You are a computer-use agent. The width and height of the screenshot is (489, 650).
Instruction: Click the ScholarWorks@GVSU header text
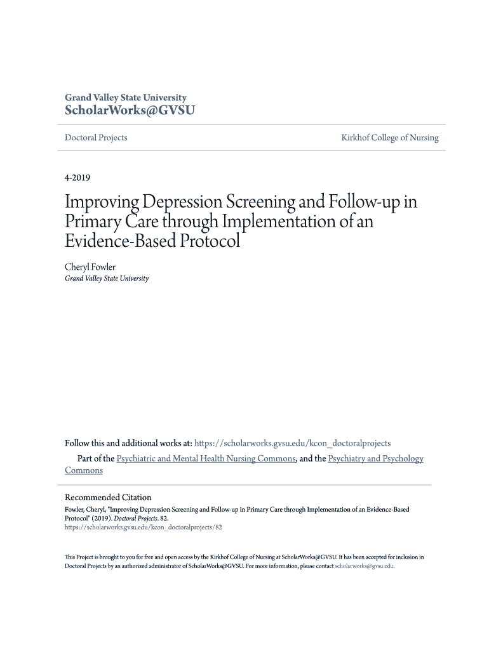[x=130, y=110]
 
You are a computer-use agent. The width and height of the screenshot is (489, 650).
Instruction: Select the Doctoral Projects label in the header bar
[x=96, y=138]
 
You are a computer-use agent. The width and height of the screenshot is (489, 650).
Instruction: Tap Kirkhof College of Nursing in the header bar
[x=389, y=138]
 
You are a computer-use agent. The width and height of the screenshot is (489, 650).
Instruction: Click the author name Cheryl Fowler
[x=90, y=267]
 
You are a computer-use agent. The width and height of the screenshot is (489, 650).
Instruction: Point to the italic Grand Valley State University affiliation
[x=107, y=279]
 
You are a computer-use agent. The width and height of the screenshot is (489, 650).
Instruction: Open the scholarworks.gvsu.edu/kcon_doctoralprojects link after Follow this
[x=292, y=443]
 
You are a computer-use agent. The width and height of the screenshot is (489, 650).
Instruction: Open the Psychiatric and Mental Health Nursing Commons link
[x=206, y=458]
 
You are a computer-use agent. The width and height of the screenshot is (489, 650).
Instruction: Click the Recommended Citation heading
[x=108, y=498]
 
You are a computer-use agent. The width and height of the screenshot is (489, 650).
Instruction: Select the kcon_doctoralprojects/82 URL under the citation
[x=144, y=527]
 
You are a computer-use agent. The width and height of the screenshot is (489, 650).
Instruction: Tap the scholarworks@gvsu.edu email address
[x=364, y=566]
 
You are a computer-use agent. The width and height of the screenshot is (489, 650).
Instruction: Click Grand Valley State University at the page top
[x=126, y=98]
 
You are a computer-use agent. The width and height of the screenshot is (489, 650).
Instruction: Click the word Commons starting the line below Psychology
[x=84, y=470]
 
